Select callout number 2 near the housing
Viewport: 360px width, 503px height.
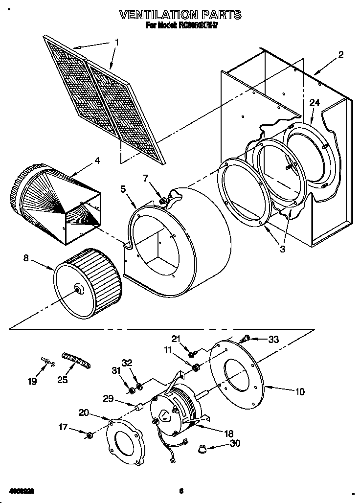pos(340,55)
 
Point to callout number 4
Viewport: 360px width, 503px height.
pos(97,160)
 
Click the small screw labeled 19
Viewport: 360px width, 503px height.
pos(48,362)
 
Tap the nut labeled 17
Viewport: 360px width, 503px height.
pos(90,435)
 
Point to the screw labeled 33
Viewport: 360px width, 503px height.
pos(247,337)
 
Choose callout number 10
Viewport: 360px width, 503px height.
pos(299,391)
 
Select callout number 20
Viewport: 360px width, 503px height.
pos(84,412)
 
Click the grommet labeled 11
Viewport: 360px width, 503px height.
pos(196,367)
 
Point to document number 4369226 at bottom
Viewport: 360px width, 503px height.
pos(20,490)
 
